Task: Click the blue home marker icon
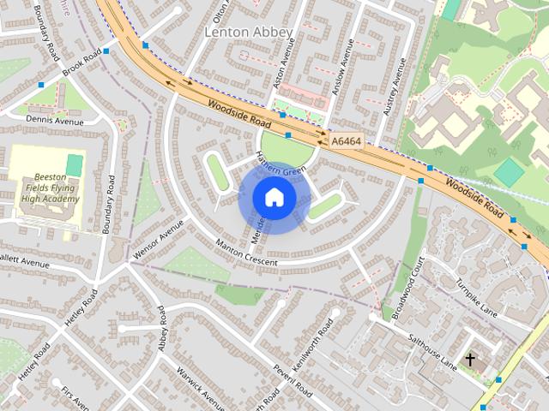(x=274, y=198)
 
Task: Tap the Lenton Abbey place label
(x=249, y=33)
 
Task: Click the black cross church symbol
(x=469, y=359)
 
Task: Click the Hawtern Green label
(x=281, y=164)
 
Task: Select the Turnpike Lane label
(x=475, y=295)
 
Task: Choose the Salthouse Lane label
(x=432, y=352)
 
